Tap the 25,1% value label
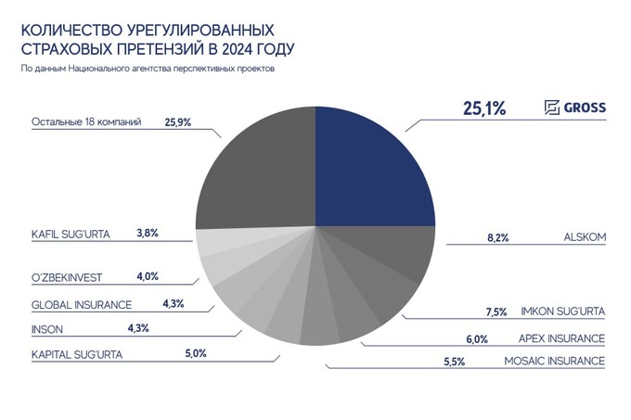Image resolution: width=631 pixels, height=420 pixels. [483, 108]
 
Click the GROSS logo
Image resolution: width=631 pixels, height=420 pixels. [574, 108]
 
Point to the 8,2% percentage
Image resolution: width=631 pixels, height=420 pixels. [499, 237]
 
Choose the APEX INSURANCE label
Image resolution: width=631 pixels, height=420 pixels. [562, 337]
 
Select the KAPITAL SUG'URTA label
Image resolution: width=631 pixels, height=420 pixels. [77, 353]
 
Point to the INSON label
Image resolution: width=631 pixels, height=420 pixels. [46, 327]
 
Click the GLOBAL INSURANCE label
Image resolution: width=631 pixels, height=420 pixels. [82, 304]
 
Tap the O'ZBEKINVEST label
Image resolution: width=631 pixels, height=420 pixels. [71, 276]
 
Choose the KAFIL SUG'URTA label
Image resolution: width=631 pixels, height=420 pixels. [71, 235]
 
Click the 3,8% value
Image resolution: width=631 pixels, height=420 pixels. [147, 235]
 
